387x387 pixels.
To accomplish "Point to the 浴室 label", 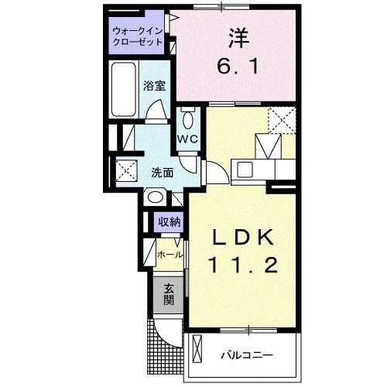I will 153,87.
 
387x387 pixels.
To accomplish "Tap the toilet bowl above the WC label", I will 188,120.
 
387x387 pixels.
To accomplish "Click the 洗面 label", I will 162,172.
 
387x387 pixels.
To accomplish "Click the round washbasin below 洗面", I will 152,197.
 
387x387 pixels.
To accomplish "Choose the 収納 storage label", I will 170,222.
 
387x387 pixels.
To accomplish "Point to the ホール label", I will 169,254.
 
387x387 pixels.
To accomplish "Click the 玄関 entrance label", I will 169,295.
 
